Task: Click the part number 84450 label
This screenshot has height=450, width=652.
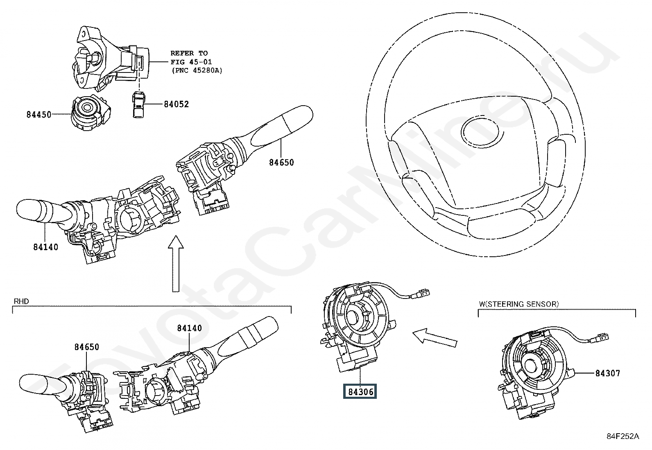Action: (39, 115)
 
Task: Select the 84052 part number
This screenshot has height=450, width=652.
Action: (176, 104)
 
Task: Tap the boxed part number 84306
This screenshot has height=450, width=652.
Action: (361, 392)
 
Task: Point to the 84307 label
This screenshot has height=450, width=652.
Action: (607, 373)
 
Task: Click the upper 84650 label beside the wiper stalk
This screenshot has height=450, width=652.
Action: (281, 163)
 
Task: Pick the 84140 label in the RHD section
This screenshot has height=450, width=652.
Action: (190, 328)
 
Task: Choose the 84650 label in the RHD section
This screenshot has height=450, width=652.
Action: (86, 347)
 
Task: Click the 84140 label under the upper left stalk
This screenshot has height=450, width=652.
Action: (45, 247)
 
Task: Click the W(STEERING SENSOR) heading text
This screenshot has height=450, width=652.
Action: (518, 304)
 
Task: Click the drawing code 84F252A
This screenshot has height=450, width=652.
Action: (623, 436)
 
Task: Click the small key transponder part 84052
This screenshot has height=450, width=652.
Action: (138, 105)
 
